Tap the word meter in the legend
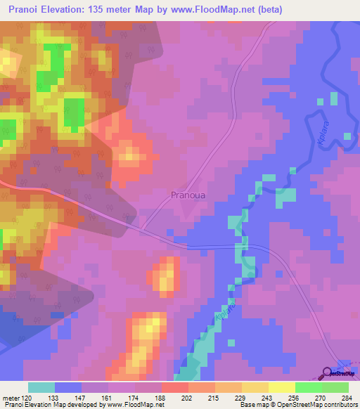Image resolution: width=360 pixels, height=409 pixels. tap(11, 397)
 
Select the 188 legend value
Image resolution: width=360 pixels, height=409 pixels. tap(161, 397)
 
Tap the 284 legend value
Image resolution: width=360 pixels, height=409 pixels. tap(347, 397)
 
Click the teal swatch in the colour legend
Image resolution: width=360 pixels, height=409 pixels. tap(41, 387)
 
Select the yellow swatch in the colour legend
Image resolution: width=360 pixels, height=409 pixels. tap(281, 387)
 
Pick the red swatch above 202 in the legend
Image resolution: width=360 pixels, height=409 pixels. tap(174, 387)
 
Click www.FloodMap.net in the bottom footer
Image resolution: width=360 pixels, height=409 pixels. tap(133, 405)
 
